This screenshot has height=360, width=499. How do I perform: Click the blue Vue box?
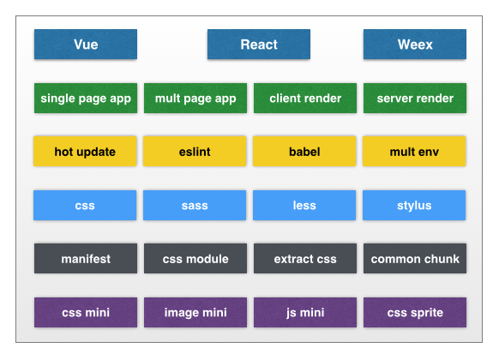[86, 45]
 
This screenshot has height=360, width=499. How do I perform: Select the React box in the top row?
[259, 45]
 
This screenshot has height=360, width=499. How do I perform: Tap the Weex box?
[415, 45]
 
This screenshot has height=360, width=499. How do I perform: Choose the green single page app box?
[86, 99]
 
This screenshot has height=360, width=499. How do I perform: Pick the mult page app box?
[195, 99]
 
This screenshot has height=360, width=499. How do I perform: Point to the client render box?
[305, 99]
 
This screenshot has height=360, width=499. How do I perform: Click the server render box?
[415, 99]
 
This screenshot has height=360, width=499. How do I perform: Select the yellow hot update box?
[85, 152]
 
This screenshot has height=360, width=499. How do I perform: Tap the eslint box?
[195, 152]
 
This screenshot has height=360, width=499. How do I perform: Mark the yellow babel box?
[304, 152]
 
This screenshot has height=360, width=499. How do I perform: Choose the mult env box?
[414, 152]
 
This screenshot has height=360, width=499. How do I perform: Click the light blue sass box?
[195, 206]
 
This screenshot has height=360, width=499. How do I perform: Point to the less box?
[304, 206]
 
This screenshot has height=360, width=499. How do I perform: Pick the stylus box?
[414, 206]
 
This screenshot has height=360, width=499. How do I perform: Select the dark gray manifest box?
[86, 259]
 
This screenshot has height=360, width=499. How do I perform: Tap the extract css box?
[305, 259]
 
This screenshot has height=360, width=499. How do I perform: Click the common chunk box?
[415, 259]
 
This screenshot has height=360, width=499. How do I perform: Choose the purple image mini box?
[195, 313]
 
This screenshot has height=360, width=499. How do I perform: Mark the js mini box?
[305, 313]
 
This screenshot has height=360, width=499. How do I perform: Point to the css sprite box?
[415, 313]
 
